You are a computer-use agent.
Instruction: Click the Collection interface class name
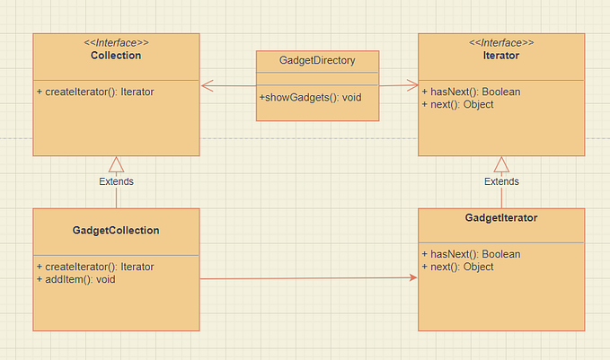pos(116,56)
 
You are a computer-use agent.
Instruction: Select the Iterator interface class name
pos(501,56)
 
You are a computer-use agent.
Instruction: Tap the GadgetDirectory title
pos(317,61)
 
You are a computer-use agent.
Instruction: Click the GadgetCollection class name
pos(116,230)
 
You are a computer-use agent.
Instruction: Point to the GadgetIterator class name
pos(501,217)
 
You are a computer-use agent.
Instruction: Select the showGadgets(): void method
pos(310,97)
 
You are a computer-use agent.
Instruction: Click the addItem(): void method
pos(75,279)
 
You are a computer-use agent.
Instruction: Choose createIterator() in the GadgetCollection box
pos(95,267)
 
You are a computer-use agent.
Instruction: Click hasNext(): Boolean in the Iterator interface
pos(471,92)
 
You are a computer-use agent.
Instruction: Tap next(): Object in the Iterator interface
pos(458,104)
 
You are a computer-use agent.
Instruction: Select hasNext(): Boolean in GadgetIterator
pos(471,254)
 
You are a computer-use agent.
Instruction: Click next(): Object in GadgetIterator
pos(458,267)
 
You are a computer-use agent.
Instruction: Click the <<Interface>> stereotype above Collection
pos(116,42)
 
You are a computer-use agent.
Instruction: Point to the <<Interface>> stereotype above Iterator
pos(501,42)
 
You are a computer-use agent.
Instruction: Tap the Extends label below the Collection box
pos(116,181)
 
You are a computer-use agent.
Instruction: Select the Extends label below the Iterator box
pos(501,181)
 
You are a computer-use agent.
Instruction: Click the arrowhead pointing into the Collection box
pos(207,86)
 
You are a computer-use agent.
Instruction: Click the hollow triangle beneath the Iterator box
pos(501,163)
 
